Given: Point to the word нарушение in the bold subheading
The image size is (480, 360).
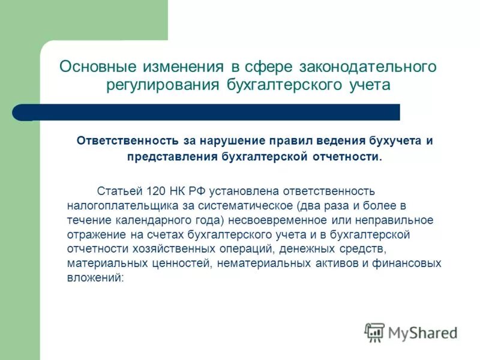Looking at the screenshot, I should pos(233,140).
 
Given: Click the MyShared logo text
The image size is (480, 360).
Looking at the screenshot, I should pos(423,332).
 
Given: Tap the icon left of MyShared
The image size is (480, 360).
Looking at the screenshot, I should pos(374,332).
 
